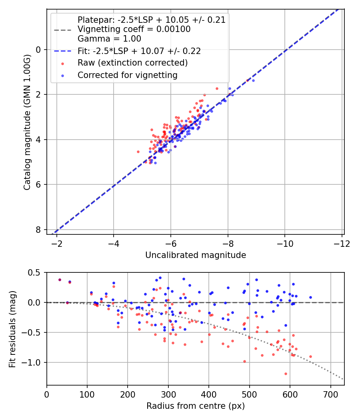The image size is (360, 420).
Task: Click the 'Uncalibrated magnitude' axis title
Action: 195,255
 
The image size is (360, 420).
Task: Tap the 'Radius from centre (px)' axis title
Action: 195,406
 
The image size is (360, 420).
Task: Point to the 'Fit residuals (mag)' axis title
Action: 12,329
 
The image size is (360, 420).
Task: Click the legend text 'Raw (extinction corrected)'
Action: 132,63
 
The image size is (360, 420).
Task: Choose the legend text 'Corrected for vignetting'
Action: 127,75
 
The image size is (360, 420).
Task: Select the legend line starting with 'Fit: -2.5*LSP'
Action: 139,51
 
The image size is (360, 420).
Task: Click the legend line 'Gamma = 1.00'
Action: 109,39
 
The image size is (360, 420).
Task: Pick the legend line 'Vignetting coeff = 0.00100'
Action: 134,29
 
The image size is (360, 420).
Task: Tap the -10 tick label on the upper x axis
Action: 285,244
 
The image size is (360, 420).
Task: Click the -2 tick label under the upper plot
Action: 57,244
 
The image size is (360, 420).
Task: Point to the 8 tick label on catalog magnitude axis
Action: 38,230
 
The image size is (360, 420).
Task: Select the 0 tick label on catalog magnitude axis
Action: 38,50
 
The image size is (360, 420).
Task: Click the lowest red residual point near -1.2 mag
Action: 286,374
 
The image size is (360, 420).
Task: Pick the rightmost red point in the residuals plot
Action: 310,356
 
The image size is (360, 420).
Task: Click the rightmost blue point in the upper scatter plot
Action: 253,80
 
